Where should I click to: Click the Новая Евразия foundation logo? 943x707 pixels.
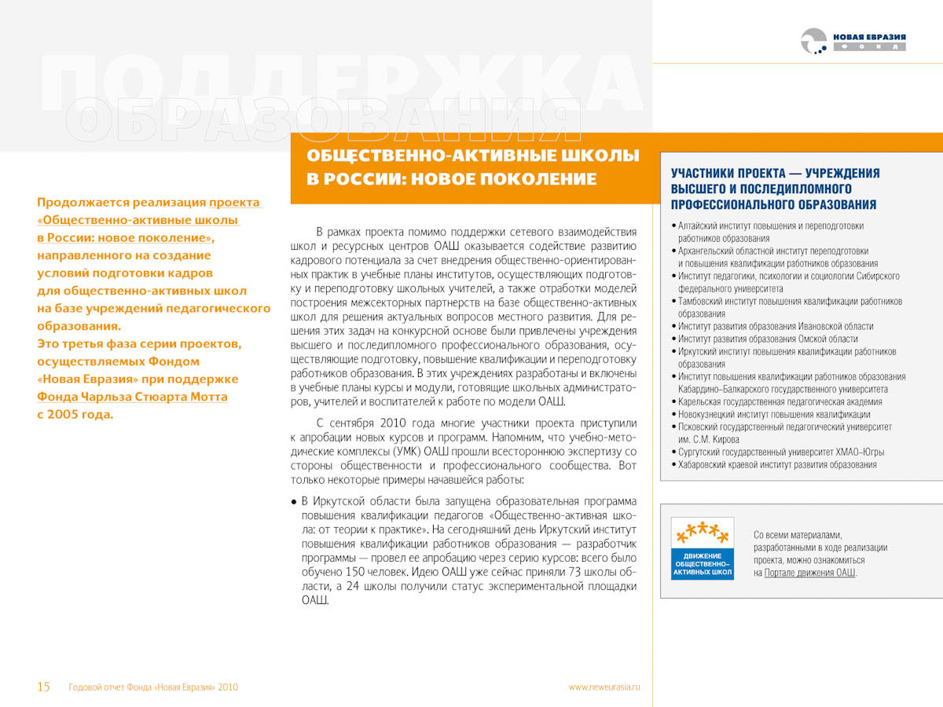[x=853, y=41]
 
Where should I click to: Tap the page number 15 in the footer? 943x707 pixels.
[x=44, y=687]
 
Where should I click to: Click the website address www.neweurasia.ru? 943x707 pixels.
[x=604, y=687]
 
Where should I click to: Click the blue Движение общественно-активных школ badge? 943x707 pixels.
[x=703, y=548]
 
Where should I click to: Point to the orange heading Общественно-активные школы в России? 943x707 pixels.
[x=472, y=167]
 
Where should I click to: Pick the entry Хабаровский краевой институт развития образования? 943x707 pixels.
[x=777, y=464]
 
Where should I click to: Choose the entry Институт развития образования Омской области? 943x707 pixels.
[x=768, y=339]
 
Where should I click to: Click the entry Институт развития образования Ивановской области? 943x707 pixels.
[x=776, y=326]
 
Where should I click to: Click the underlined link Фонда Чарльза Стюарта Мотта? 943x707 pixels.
[x=132, y=397]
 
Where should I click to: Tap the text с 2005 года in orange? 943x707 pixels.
[x=75, y=415]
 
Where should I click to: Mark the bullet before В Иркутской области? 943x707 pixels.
[x=293, y=501]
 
